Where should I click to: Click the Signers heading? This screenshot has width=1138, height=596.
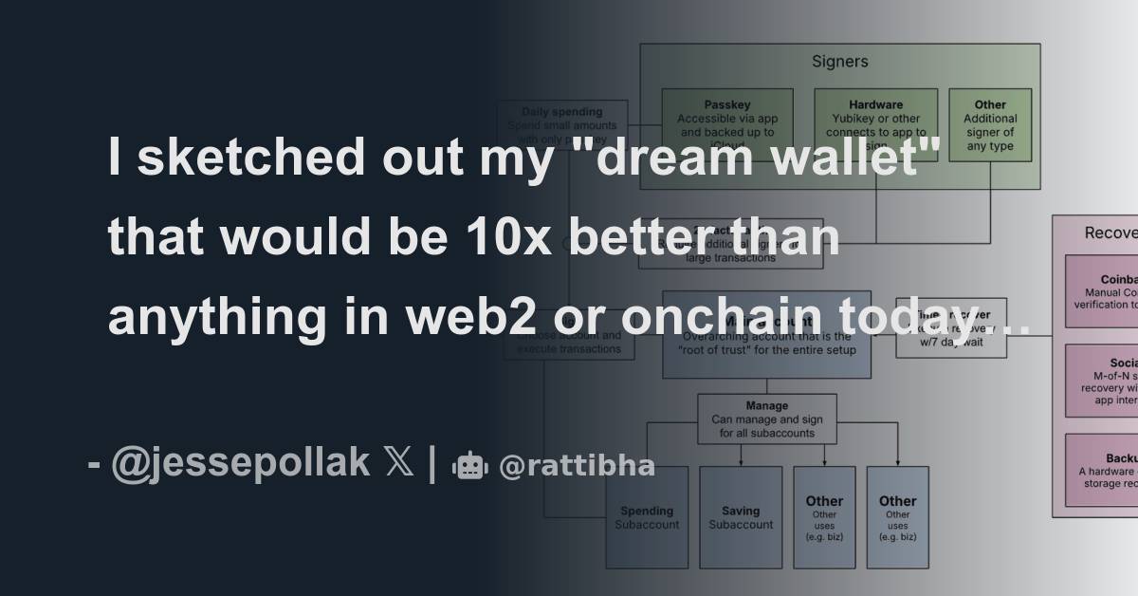(839, 62)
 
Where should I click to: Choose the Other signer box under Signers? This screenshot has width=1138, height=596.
(990, 126)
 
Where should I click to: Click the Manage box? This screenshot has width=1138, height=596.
(766, 419)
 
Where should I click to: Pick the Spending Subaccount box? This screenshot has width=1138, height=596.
(647, 517)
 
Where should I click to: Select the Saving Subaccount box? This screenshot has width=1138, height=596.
(741, 517)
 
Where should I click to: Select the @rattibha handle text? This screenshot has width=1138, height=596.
(577, 466)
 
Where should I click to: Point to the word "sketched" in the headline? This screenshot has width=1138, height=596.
(250, 158)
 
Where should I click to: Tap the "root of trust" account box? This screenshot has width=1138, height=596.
(766, 334)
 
